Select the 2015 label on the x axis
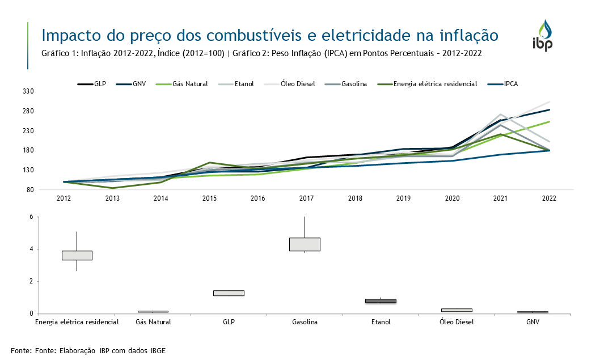[x=209, y=198]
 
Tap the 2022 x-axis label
[x=549, y=198]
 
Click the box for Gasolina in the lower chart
[x=305, y=244]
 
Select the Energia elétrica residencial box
[x=77, y=255]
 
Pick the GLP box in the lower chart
[x=229, y=293]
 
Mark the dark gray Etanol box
[x=381, y=301]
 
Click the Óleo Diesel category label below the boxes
[x=456, y=322]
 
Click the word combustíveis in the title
[x=256, y=36]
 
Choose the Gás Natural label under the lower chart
[x=153, y=322]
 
